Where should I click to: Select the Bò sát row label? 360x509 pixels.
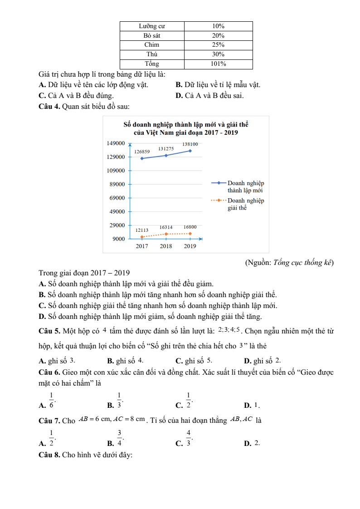tap(151, 35)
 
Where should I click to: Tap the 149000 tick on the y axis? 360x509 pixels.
tap(116, 143)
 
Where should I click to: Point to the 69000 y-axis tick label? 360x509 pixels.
tap(117, 198)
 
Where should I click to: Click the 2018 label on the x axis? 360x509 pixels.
tap(166, 246)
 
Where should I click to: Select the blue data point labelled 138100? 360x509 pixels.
tap(190, 151)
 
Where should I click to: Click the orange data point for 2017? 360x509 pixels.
tap(142, 237)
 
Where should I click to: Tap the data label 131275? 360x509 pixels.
tap(166, 149)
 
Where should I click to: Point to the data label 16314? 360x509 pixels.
tap(166, 227)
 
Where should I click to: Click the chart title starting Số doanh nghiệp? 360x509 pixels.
tap(186, 128)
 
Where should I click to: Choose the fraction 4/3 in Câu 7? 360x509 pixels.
tap(188, 437)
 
